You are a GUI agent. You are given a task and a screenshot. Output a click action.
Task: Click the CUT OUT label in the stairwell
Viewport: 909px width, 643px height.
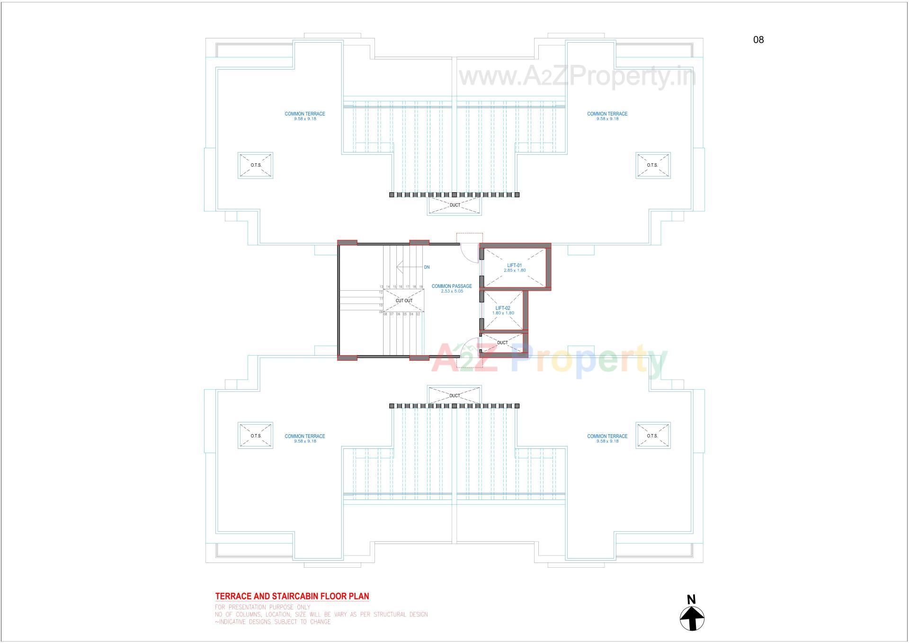(x=404, y=301)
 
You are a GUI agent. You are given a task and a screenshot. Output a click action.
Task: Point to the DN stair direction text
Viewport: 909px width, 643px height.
(x=427, y=268)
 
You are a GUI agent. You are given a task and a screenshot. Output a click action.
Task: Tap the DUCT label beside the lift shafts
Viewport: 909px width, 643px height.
(x=502, y=343)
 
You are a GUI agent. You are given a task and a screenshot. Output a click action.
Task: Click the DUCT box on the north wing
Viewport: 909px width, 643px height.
(x=454, y=205)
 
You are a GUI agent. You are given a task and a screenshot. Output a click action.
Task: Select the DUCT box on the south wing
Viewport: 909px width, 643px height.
(x=454, y=395)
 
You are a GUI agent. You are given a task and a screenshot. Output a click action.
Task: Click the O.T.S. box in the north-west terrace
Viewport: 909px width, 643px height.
(x=256, y=165)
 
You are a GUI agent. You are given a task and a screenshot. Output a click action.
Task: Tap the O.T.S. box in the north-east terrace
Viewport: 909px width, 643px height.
(x=652, y=165)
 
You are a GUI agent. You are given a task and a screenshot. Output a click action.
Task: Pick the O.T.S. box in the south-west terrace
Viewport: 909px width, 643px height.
(x=256, y=436)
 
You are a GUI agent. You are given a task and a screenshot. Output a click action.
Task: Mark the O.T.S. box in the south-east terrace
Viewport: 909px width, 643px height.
(x=652, y=436)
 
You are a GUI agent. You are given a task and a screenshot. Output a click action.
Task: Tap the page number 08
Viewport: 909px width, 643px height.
(x=758, y=40)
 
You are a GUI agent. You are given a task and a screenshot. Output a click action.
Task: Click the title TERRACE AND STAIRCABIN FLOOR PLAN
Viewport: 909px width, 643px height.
(x=292, y=597)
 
